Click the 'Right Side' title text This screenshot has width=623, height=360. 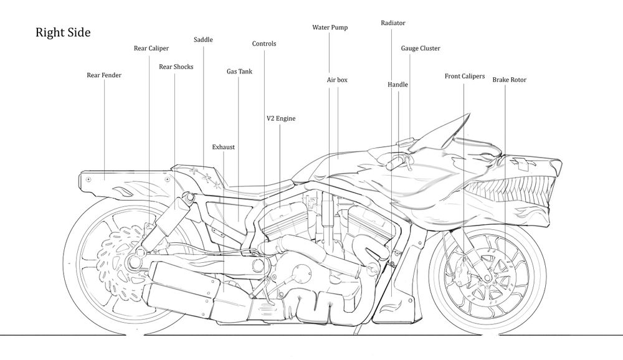pos(63,32)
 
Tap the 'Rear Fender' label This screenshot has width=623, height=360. pos(104,75)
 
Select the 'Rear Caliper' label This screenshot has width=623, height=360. pos(151,49)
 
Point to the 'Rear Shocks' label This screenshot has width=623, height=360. pos(176,67)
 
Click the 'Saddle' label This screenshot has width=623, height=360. pos(203,40)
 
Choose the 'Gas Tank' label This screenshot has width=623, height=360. pos(239,72)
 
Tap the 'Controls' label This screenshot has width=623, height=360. pos(264,44)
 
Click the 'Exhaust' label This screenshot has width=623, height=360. pos(223,147)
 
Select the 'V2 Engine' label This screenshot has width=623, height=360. pos(281,118)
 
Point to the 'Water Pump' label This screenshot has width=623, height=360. pos(330,27)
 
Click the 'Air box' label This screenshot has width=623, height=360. pos(337,80)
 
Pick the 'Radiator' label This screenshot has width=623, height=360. pos(393,23)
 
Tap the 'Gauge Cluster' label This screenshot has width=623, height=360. pos(421,49)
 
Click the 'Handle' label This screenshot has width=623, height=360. pos(397,85)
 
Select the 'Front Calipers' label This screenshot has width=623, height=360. pos(465,76)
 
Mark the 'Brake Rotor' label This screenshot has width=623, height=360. pos(510,80)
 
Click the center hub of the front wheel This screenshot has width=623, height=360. pos(488,274)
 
